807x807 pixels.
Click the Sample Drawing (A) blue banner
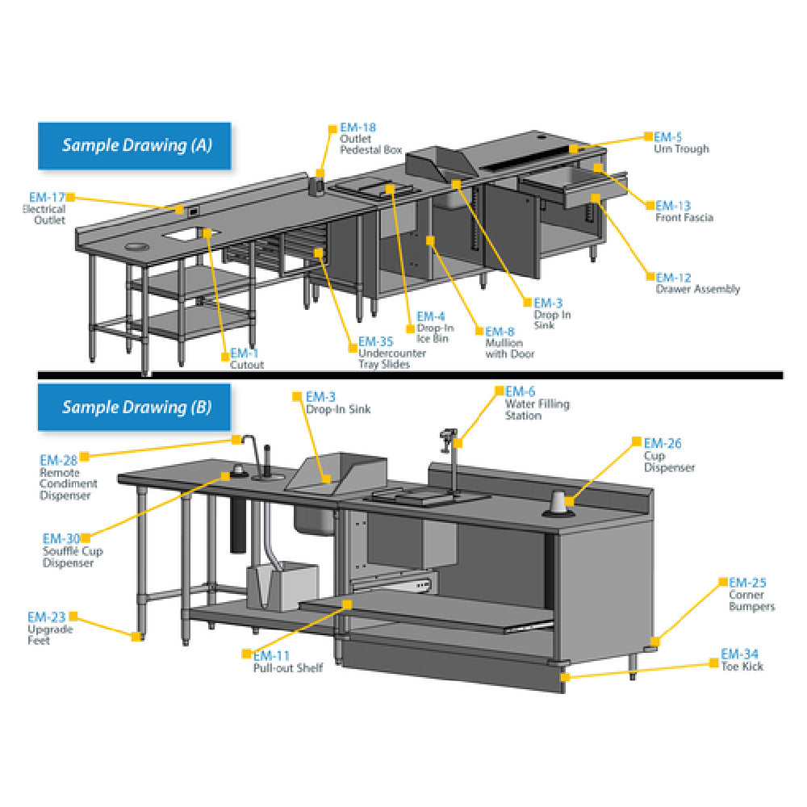pos(135,145)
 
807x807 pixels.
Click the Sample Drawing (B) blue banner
pos(135,407)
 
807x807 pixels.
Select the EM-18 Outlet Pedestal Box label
pos(358,138)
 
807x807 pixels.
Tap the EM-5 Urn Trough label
pos(680,143)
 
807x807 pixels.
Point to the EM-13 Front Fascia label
pos(684,211)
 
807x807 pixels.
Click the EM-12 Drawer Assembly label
pos(696,282)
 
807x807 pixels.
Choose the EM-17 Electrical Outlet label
pos(46,208)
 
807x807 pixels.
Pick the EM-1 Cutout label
pos(246,359)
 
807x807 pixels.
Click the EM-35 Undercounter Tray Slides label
pos(381,353)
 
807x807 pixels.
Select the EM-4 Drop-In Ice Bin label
pos(434,328)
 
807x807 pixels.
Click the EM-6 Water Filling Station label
pos(536,403)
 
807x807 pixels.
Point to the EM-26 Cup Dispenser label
pos(668,455)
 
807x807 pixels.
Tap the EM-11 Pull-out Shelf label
pos(286,662)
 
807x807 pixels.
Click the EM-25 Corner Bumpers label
pos(751,595)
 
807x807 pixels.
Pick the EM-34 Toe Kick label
pos(741,660)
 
